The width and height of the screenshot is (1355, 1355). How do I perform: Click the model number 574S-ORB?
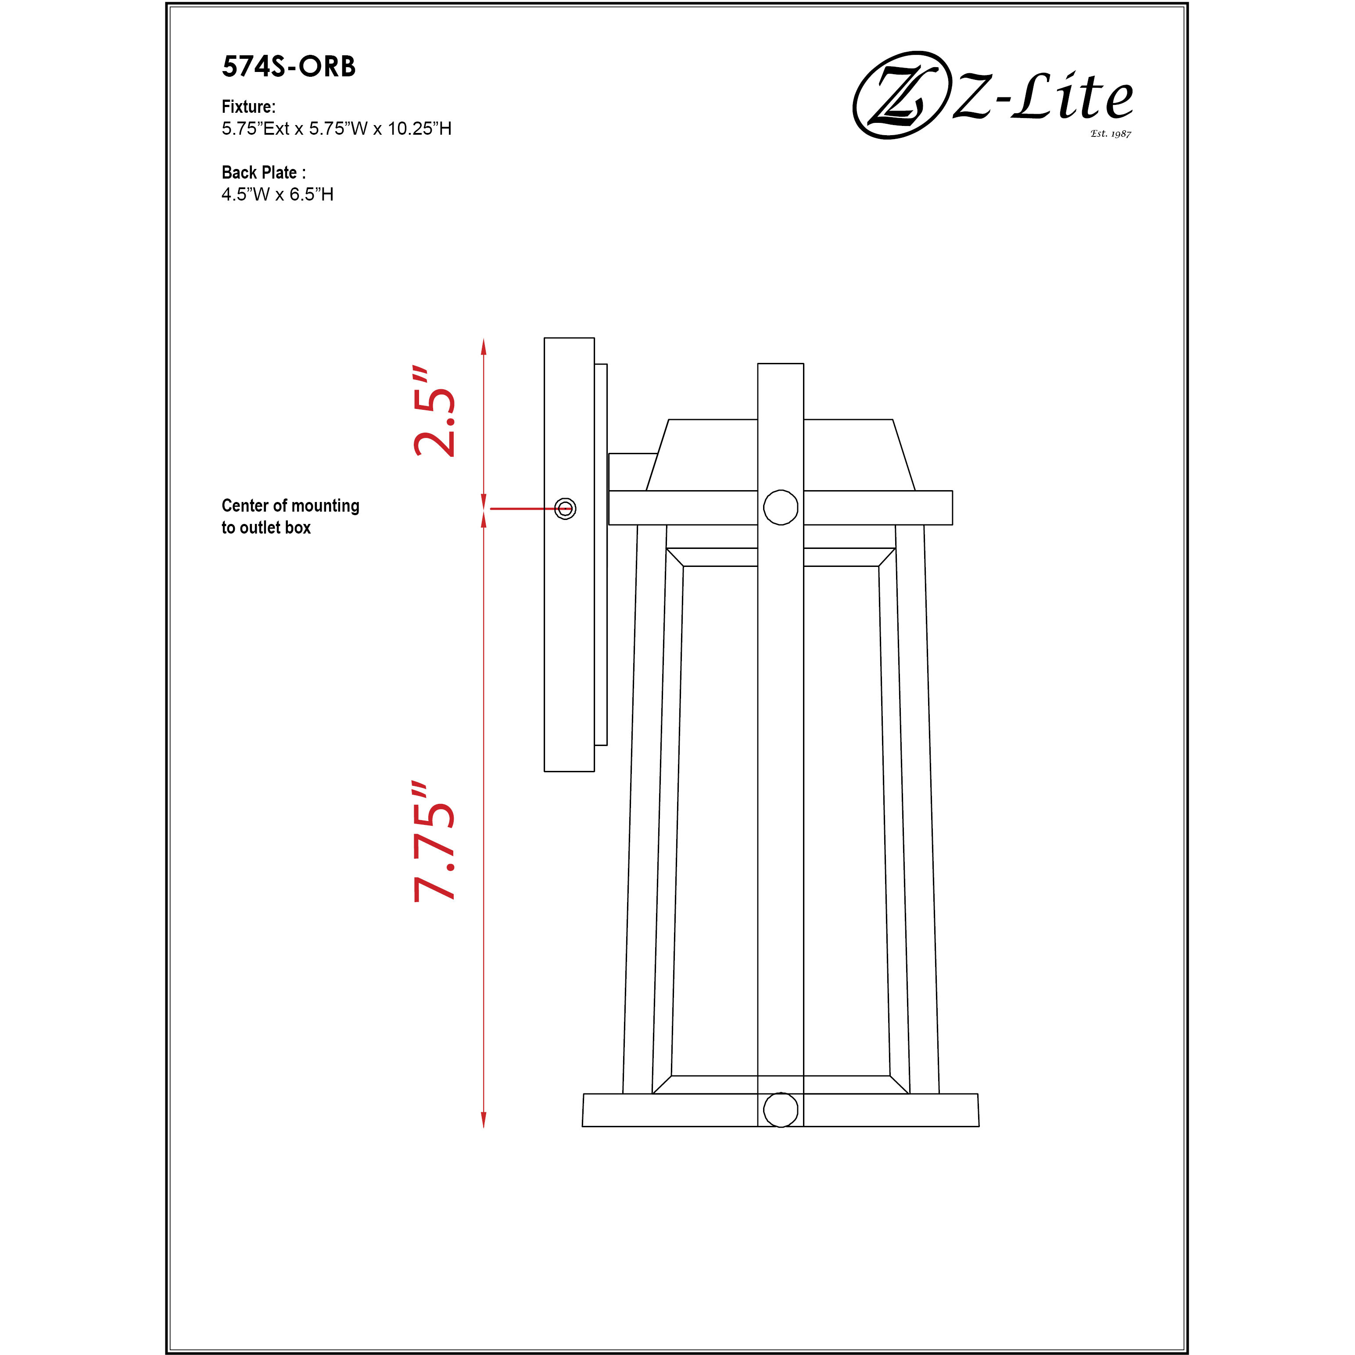[288, 67]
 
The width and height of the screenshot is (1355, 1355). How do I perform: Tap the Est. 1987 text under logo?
[1110, 133]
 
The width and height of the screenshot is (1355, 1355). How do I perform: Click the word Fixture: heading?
[248, 107]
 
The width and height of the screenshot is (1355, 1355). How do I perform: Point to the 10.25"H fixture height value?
[419, 128]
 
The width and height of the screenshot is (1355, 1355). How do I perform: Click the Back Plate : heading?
[263, 172]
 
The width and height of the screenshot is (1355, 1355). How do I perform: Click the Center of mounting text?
[290, 505]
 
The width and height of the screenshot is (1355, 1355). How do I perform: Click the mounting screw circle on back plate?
[565, 509]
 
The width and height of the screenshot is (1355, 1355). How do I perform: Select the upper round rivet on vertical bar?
[781, 507]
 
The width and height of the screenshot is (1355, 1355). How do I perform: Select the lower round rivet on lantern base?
[781, 1110]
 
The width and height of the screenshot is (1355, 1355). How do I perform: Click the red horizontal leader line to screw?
[523, 509]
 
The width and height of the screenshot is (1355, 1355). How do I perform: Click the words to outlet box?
[266, 527]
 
